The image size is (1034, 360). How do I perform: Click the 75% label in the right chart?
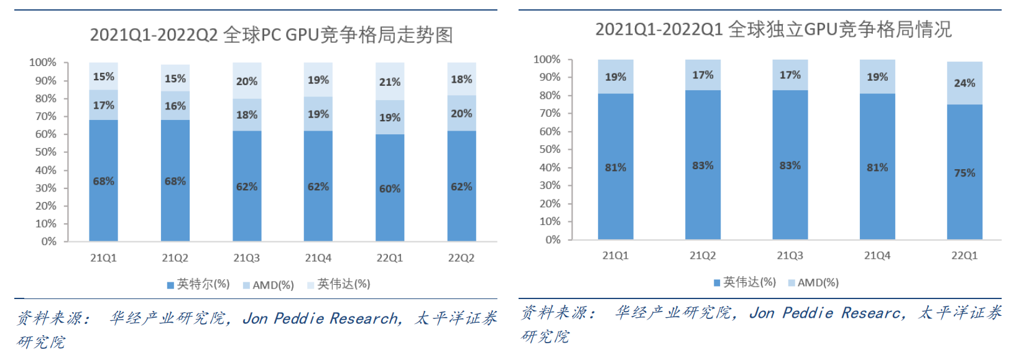(x=964, y=173)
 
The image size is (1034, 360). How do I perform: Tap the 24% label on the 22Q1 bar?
(x=964, y=83)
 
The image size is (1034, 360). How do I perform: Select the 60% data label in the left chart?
(x=390, y=188)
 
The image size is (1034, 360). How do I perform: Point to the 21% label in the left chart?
(x=390, y=82)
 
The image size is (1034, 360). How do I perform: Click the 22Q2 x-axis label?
(x=461, y=258)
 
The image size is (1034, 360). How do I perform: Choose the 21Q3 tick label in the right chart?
(x=790, y=256)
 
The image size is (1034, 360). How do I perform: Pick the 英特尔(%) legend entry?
(x=199, y=284)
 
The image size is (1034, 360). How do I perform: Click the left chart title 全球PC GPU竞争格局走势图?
(x=272, y=35)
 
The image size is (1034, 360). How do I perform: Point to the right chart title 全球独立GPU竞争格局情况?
(x=773, y=29)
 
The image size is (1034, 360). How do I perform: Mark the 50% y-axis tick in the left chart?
(x=45, y=152)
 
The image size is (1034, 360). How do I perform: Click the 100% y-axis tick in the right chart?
(x=547, y=59)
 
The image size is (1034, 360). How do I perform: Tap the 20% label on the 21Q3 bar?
(x=247, y=81)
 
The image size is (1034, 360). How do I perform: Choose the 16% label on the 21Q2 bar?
(x=175, y=106)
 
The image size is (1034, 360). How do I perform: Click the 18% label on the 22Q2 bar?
(x=461, y=80)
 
